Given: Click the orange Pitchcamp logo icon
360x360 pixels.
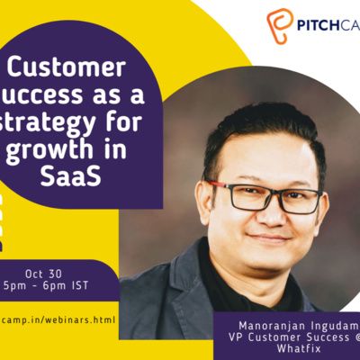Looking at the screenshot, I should (x=282, y=24).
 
